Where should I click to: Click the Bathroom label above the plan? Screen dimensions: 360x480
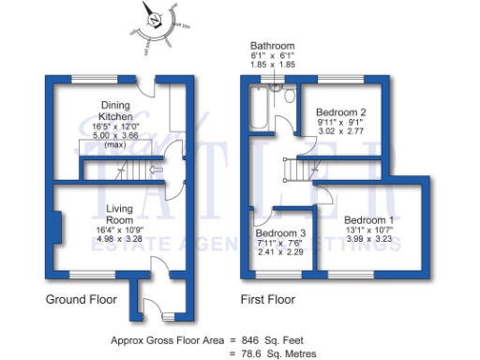click(273, 46)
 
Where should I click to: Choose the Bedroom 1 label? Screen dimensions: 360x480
click(368, 219)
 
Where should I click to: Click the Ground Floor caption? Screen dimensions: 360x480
click(81, 300)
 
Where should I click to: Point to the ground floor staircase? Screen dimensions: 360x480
click(122, 170)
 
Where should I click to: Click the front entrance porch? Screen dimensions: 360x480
click(150, 298)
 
